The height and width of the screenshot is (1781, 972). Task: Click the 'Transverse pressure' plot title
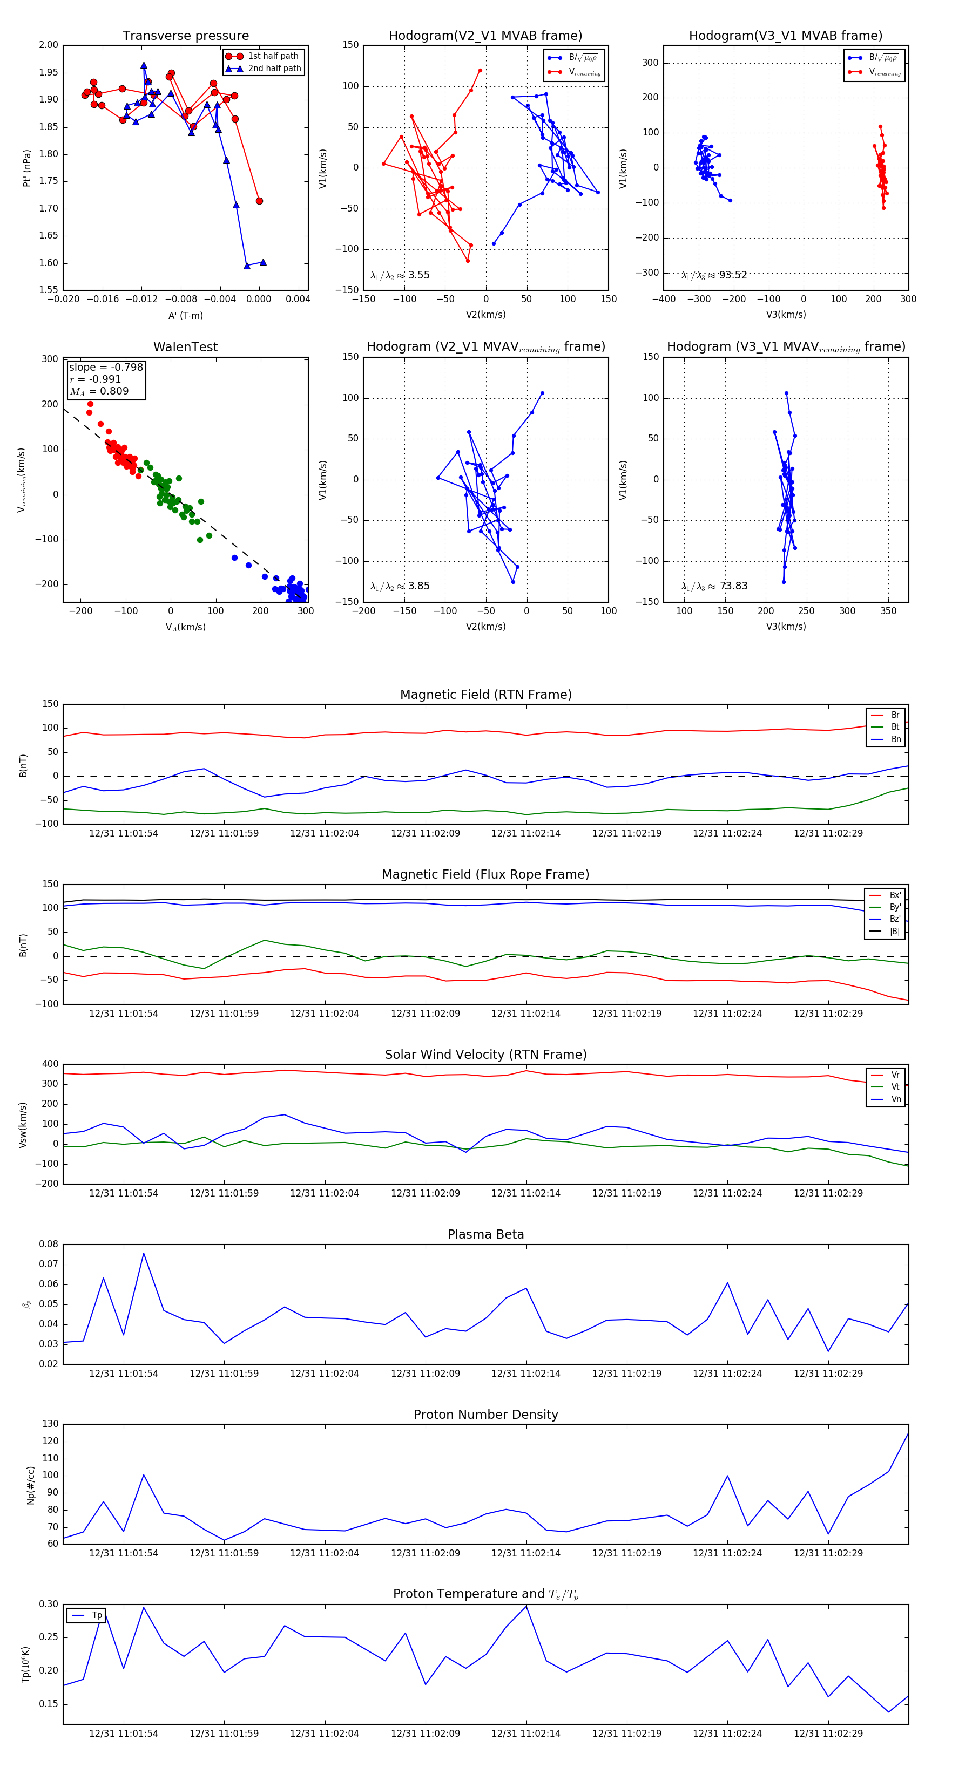pyautogui.click(x=185, y=36)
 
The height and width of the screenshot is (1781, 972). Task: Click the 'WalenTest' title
pyautogui.click(x=185, y=347)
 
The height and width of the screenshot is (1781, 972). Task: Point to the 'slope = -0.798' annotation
pyautogui.click(x=106, y=367)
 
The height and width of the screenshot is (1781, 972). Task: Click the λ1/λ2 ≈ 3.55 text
pyautogui.click(x=400, y=275)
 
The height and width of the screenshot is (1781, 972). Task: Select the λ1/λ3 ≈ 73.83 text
pyautogui.click(x=714, y=586)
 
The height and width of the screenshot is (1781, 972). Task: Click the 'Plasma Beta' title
pyautogui.click(x=485, y=1234)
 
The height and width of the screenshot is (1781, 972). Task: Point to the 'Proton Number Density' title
pyautogui.click(x=485, y=1415)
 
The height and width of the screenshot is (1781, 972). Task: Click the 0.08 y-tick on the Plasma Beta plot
pyautogui.click(x=49, y=1245)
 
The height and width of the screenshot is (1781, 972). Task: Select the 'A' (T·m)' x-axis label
pyautogui.click(x=185, y=315)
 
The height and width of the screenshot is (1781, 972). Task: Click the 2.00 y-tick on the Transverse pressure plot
pyautogui.click(x=49, y=45)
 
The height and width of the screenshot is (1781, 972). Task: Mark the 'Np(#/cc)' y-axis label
pyautogui.click(x=30, y=1485)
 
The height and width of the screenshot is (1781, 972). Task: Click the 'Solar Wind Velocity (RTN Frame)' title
pyautogui.click(x=485, y=1055)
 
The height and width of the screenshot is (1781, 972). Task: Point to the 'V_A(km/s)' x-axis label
pyautogui.click(x=185, y=627)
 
